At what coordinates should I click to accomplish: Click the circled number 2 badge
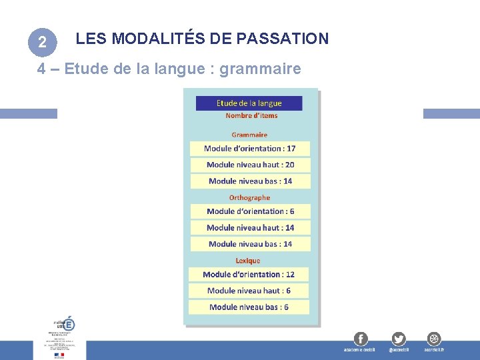point(42,43)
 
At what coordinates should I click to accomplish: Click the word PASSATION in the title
point(287,39)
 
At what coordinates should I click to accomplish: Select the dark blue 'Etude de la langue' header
point(249,103)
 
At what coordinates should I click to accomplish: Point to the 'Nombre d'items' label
point(251,115)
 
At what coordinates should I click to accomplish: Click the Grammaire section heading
point(249,135)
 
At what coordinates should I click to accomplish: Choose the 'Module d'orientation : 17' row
point(250,148)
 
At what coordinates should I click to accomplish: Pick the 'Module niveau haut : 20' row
point(250,165)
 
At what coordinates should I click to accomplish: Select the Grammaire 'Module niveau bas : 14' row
point(250,181)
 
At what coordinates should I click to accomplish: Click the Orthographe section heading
point(249,197)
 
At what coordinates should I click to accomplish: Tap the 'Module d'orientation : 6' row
point(250,211)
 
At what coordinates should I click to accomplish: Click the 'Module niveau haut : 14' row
point(250,227)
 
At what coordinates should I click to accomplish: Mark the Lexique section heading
point(248,261)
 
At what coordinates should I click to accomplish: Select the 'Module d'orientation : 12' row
point(249,274)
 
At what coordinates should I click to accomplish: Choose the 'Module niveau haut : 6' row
point(249,291)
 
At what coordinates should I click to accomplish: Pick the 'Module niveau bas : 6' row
point(249,307)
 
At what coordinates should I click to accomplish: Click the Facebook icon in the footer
point(360,339)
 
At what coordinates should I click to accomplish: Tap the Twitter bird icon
point(399,339)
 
